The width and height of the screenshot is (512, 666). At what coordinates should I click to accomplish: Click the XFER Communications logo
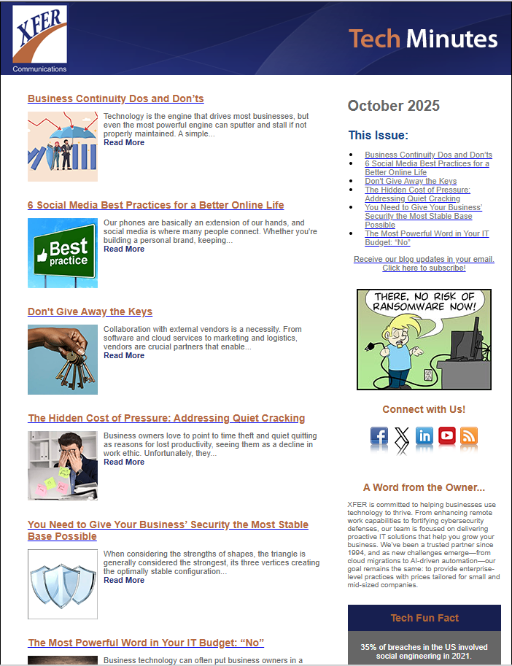39,39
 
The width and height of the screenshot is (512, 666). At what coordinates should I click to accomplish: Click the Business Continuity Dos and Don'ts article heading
115,98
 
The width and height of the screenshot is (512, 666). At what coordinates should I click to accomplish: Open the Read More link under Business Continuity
124,143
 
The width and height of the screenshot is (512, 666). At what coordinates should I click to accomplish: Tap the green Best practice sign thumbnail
63,253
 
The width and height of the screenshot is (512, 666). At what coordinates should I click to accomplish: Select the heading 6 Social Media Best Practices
155,205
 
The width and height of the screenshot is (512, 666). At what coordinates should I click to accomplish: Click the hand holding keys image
63,360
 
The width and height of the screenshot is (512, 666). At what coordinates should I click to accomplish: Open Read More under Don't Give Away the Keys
124,356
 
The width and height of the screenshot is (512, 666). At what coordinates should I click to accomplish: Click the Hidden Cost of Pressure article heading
166,418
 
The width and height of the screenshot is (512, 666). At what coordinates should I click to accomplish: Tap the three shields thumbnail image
63,584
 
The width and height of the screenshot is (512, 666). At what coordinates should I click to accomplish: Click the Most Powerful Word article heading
146,643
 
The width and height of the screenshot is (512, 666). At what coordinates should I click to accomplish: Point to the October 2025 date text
394,106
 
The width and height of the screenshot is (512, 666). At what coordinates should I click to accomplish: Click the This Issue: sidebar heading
378,135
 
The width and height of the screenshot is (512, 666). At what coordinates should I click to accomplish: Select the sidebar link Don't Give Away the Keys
411,181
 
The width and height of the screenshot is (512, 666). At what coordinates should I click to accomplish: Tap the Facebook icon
379,436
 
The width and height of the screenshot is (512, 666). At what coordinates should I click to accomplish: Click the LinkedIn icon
424,436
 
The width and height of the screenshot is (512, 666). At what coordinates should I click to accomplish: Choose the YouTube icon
447,436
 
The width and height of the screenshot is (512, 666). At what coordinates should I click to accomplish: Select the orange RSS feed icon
469,436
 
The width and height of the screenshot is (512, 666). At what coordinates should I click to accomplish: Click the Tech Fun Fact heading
424,618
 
